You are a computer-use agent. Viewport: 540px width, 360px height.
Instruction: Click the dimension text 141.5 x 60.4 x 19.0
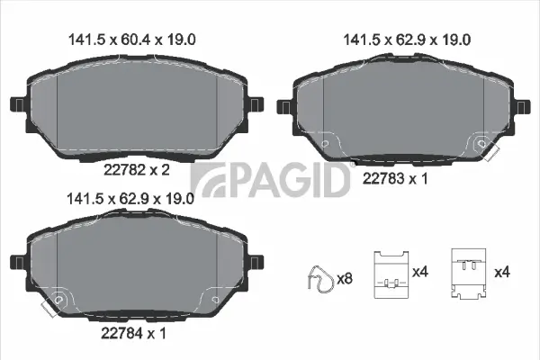click(133, 39)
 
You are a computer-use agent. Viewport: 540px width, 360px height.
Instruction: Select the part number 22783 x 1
click(393, 178)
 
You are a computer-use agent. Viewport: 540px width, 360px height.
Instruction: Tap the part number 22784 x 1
click(132, 333)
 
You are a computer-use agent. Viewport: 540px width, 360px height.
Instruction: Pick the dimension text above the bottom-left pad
click(133, 200)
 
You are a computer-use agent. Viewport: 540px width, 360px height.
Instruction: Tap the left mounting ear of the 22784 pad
click(15, 269)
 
